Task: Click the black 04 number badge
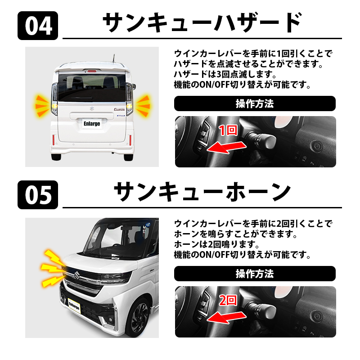point(38,26)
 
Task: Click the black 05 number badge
point(38,195)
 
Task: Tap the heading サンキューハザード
point(202,23)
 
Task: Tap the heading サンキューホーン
point(202,192)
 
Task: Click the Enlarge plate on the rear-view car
point(92,124)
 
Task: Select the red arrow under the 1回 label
point(226,148)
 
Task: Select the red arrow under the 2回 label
point(226,318)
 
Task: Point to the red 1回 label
point(228,130)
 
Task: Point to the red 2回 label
point(228,300)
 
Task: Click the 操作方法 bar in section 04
point(255,103)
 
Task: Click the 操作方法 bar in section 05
point(255,274)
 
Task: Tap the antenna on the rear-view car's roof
point(113,58)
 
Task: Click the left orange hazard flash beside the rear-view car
point(42,106)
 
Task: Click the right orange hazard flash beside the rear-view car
point(143,106)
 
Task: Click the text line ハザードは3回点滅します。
point(225,74)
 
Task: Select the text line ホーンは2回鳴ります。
point(217,244)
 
